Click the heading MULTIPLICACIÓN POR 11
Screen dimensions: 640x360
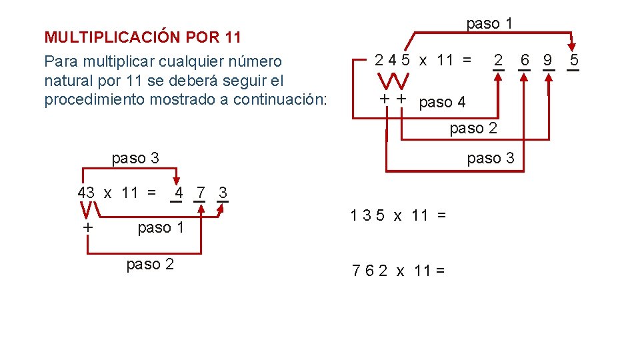point(142,37)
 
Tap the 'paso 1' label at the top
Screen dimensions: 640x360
point(489,23)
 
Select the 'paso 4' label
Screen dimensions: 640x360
point(443,103)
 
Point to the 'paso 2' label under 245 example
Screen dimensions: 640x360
point(473,128)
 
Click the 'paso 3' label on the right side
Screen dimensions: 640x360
point(491,158)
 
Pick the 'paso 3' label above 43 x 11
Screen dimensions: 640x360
point(135,158)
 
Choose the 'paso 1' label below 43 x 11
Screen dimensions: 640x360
point(161,228)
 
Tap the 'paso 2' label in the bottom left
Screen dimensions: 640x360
point(150,264)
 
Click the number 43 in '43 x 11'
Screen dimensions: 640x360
point(86,193)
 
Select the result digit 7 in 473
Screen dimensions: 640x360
point(200,193)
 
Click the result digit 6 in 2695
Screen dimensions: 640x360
point(525,60)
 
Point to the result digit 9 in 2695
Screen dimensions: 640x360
point(547,60)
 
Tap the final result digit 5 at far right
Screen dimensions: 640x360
point(574,60)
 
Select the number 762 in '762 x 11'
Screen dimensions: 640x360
point(369,271)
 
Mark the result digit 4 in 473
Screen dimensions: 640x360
point(178,193)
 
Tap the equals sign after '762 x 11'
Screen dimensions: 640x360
point(440,271)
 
